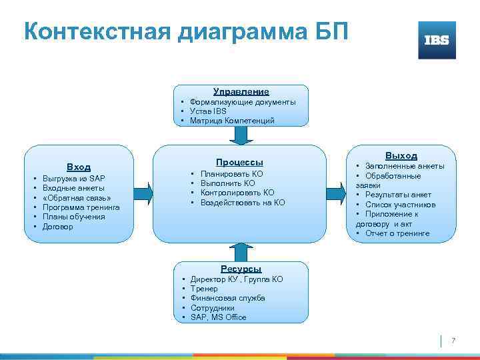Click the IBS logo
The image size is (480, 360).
coord(437,40)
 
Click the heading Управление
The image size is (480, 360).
coord(241,91)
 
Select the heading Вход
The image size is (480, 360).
coord(79,167)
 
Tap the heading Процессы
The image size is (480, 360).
coord(239,162)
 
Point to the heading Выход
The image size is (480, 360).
coord(401,155)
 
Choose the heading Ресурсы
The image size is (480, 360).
coord(241,268)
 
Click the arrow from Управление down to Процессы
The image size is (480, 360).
coord(241,135)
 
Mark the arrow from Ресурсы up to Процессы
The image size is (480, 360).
coord(241,251)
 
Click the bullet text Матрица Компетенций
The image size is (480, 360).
coord(231,121)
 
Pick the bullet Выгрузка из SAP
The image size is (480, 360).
coord(73,179)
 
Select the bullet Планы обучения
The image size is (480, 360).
coord(73,217)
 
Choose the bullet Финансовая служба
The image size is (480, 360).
coord(227,298)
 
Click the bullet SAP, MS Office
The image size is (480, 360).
coord(218,317)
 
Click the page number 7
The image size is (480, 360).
coord(453,341)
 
